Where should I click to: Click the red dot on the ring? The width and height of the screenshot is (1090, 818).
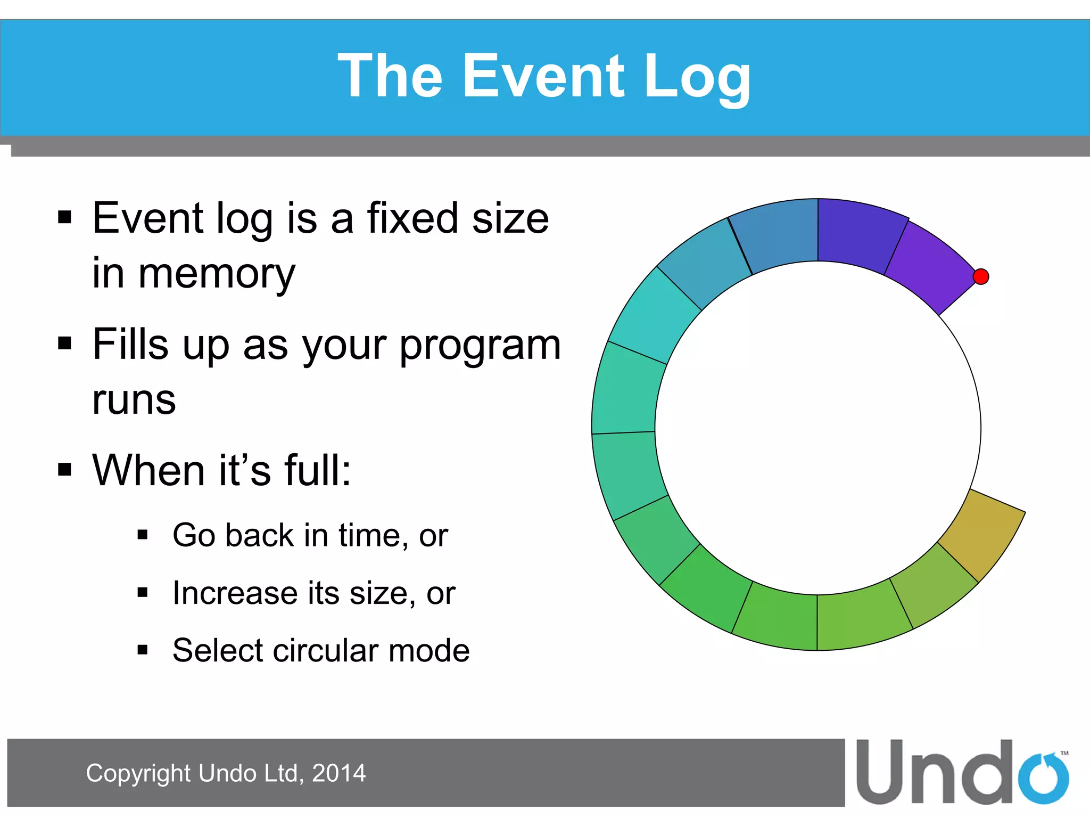[980, 276]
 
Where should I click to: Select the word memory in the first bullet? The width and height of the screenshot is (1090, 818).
[217, 274]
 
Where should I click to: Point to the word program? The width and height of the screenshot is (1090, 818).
[480, 346]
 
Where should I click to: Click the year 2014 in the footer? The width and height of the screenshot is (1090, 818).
[339, 773]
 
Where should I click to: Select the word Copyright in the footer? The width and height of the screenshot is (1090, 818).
[138, 773]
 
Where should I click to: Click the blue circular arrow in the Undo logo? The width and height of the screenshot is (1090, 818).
[1044, 779]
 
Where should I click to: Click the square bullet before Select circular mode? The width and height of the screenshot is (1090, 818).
[142, 650]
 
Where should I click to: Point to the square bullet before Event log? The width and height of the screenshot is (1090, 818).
[64, 217]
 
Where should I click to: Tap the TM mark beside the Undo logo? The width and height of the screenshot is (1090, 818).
[1064, 753]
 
